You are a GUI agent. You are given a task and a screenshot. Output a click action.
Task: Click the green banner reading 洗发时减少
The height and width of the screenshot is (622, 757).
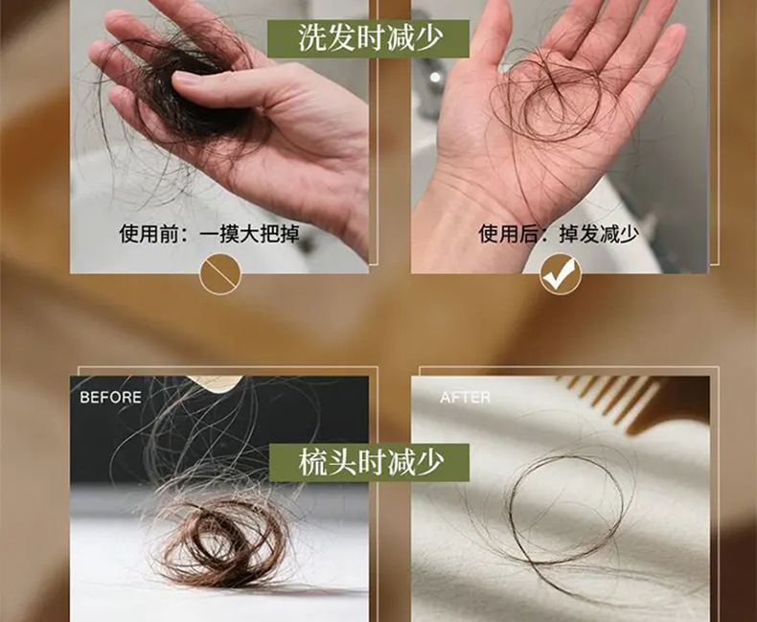click(x=368, y=38)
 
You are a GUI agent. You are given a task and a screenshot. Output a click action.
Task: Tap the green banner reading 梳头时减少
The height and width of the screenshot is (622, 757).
click(x=369, y=462)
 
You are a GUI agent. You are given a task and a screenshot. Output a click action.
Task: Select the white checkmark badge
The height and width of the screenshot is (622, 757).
click(x=560, y=274)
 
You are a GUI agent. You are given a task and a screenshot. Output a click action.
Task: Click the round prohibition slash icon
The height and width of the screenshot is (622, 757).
click(x=220, y=274)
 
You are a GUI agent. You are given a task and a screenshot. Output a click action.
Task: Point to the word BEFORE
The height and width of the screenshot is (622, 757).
click(x=110, y=398)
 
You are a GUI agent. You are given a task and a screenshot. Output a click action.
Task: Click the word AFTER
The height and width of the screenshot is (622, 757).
click(x=465, y=398)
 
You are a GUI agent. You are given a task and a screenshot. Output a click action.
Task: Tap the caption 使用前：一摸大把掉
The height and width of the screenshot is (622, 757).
click(x=209, y=234)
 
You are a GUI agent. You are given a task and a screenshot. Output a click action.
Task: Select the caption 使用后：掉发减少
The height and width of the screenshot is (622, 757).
click(x=559, y=234)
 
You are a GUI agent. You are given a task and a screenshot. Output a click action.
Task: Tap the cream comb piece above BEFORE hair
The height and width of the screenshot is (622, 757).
click(x=214, y=382)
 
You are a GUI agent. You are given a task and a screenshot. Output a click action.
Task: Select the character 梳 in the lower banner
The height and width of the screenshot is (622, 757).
click(x=312, y=463)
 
